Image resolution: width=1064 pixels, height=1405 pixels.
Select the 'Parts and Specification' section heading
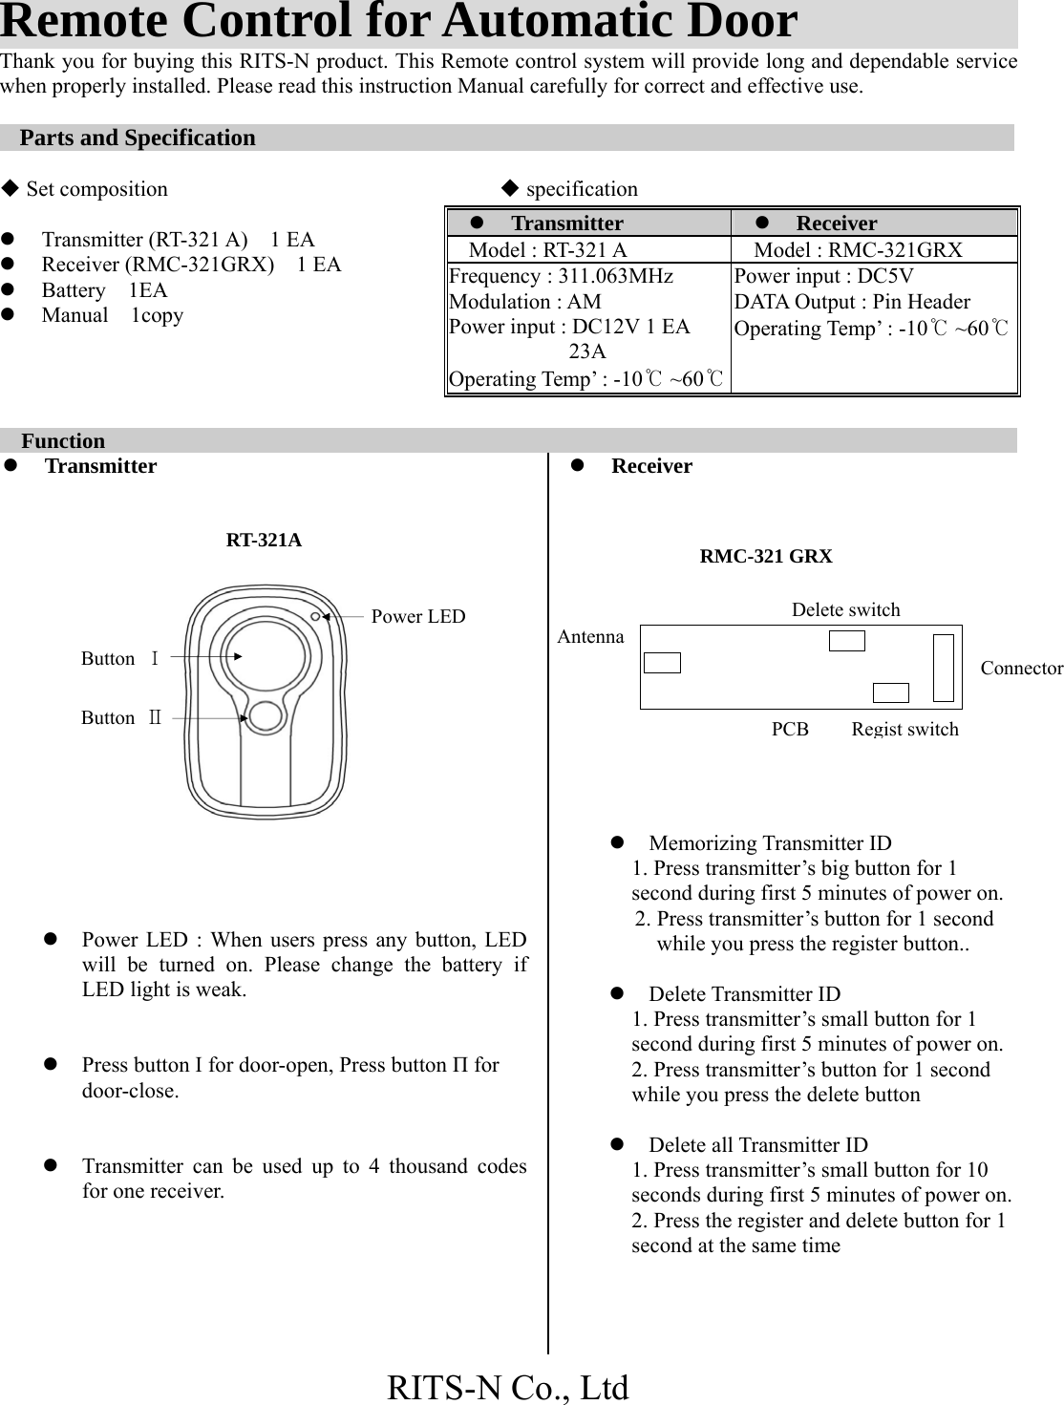coord(138,138)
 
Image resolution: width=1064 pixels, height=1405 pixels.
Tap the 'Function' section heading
coord(63,441)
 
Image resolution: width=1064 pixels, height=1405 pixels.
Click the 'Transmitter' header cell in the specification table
coord(566,224)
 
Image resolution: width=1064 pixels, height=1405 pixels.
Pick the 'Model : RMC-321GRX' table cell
coord(858,250)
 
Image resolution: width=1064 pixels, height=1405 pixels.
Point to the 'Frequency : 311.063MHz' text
coord(561,276)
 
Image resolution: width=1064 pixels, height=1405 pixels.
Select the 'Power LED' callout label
coord(417,616)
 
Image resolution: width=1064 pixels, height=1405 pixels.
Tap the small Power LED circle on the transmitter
coord(316,617)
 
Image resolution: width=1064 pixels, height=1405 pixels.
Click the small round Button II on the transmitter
coord(265,716)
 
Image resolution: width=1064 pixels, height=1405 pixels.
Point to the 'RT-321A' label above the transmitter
coord(264,541)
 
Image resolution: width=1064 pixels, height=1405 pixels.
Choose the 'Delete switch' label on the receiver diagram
coord(845,609)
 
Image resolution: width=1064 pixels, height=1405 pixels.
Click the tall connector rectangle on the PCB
coord(944,667)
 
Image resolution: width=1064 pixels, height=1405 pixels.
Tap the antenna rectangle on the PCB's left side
coord(662,663)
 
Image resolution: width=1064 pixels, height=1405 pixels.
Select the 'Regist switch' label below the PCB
coord(904,729)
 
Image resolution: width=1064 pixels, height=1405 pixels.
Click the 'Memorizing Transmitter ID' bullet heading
coord(770,843)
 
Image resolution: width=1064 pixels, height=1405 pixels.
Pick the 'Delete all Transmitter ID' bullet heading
coord(758,1145)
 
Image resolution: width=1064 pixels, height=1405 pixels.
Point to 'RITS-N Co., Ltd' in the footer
coord(508,1387)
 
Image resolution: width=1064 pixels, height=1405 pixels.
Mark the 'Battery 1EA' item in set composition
coord(104,290)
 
